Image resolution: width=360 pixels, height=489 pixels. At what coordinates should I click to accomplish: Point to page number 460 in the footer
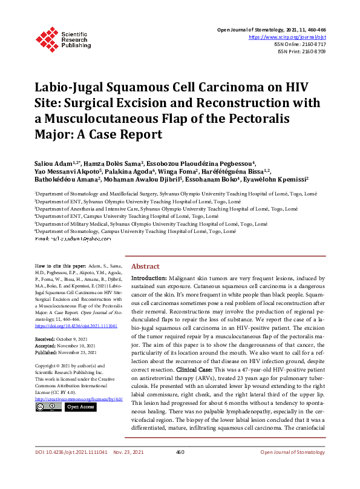pos(180,468)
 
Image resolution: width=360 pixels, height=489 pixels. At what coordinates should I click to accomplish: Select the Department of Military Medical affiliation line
pos(151,223)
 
